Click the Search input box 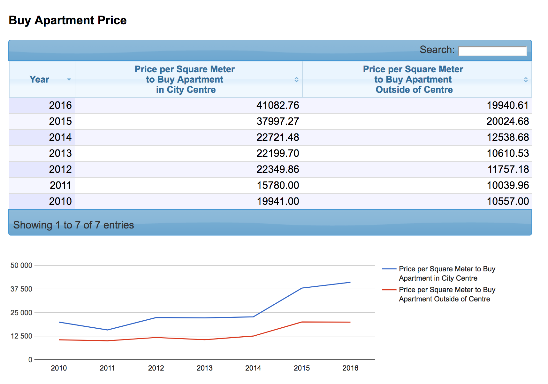pos(492,51)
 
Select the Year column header pos(39,79)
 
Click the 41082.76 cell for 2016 pos(278,105)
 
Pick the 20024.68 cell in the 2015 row pos(507,121)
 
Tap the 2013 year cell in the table pos(60,153)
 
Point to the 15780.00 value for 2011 pos(278,185)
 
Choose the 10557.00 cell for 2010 pos(508,201)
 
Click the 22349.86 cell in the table pos(278,169)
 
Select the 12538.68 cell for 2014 pos(508,137)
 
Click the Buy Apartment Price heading pos(68,20)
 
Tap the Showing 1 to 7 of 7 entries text pos(73,225)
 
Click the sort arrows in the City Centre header pos(296,79)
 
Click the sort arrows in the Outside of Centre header pos(526,79)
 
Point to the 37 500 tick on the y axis pos(21,289)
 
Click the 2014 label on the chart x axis pos(253,368)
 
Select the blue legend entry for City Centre pos(447,273)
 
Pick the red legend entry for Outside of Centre pos(447,294)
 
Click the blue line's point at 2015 pos(302,288)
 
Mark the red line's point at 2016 pos(350,322)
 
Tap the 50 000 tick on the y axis pos(21,265)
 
